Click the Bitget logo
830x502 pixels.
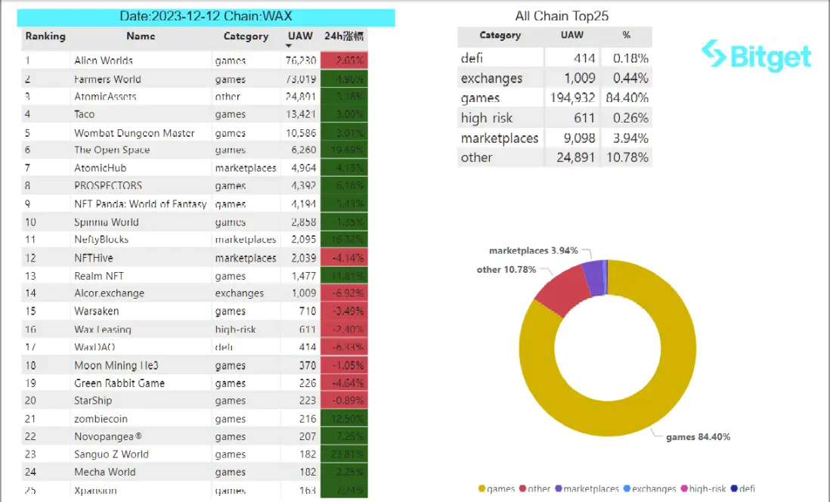click(x=756, y=56)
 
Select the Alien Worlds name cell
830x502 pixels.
click(x=104, y=60)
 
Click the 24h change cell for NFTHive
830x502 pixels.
click(x=344, y=258)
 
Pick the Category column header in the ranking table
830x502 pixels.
click(x=246, y=36)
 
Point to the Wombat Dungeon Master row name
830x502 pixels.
click(x=134, y=132)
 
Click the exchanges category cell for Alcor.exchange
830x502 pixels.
click(x=239, y=293)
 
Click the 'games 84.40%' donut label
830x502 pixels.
click(x=698, y=437)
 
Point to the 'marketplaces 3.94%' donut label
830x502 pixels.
click(x=533, y=250)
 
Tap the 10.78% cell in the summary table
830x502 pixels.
click(x=626, y=157)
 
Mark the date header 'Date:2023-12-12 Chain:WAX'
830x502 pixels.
click(x=206, y=17)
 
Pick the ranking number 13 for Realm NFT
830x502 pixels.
click(x=31, y=276)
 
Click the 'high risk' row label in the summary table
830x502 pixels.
click(x=486, y=118)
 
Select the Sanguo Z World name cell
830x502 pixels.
click(x=111, y=454)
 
